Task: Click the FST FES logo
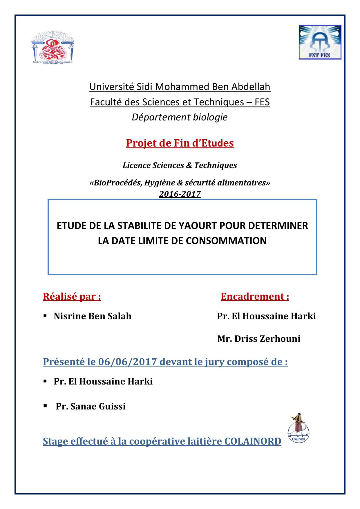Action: pyautogui.click(x=320, y=42)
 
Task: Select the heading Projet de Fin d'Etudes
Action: pyautogui.click(x=180, y=143)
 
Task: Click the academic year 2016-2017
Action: pyautogui.click(x=180, y=194)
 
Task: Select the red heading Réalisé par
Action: pyautogui.click(x=72, y=297)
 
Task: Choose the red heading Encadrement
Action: pyautogui.click(x=255, y=297)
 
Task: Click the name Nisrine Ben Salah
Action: pyautogui.click(x=93, y=316)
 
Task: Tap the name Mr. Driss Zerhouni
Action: pyautogui.click(x=259, y=339)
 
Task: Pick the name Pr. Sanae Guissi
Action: pyautogui.click(x=91, y=406)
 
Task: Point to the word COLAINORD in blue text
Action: pyautogui.click(x=253, y=441)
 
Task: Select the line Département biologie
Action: pyautogui.click(x=180, y=117)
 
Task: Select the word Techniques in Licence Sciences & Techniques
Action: pyautogui.click(x=216, y=165)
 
